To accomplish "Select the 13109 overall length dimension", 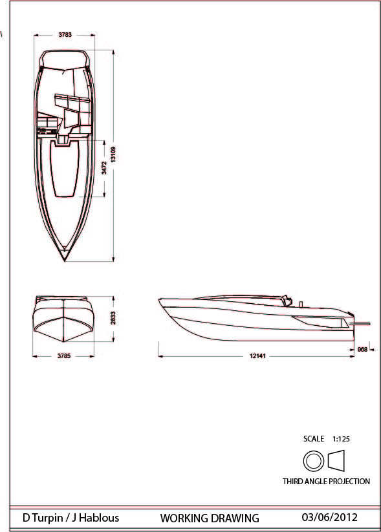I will click(114, 154).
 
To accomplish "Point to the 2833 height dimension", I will click(114, 318).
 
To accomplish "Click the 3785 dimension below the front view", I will click(64, 356).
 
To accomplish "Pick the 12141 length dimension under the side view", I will click(256, 356).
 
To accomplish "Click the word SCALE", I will click(314, 439).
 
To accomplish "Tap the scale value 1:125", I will click(341, 439).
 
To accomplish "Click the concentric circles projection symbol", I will click(314, 461).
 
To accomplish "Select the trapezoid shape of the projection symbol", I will click(337, 461).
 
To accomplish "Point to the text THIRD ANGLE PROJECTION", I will click(326, 482).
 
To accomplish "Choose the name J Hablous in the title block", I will click(97, 518).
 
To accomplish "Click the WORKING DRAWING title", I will click(210, 518).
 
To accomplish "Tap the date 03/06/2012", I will click(329, 517).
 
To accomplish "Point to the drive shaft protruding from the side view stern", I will click(362, 323).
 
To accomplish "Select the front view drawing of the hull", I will click(64, 318).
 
